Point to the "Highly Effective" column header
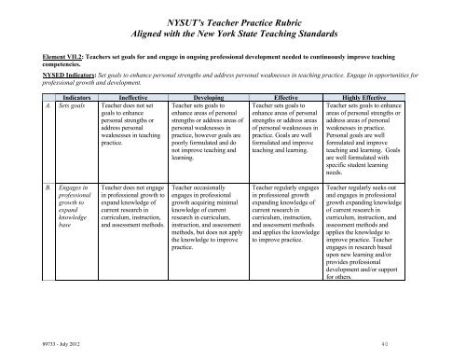367,96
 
